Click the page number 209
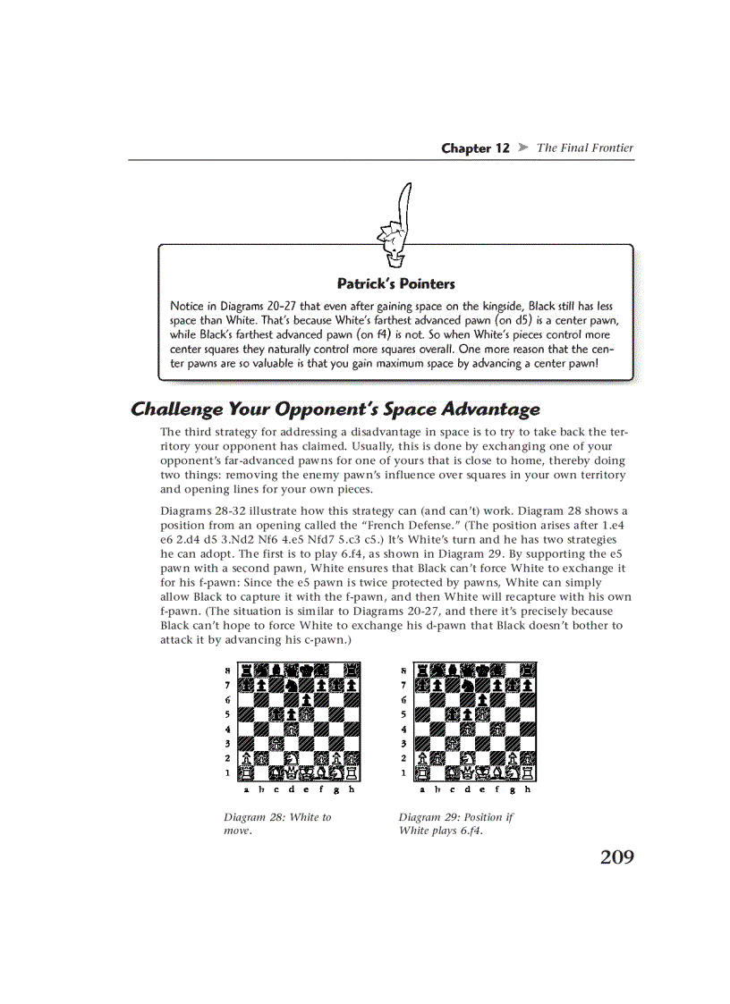[616, 857]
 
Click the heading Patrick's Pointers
[395, 283]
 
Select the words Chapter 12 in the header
[475, 148]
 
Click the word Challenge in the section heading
[175, 409]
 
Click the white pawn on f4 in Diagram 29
[498, 729]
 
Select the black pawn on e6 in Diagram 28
[307, 699]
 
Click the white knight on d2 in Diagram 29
[468, 758]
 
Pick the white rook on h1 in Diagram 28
[352, 773]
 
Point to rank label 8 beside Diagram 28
[227, 669]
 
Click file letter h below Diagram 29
[528, 789]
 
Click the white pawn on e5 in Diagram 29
[483, 714]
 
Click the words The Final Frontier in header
[584, 148]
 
